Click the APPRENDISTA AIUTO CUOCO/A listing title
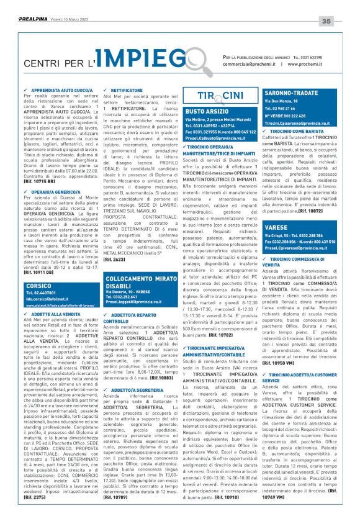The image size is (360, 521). [56, 89]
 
